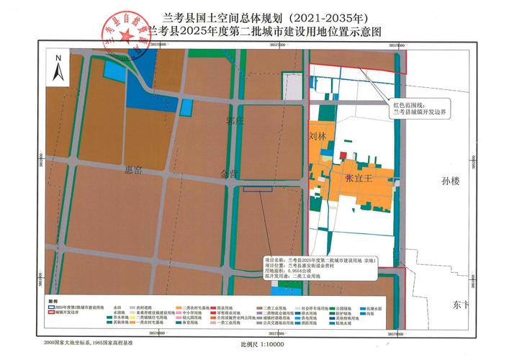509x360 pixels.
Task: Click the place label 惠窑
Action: click(134, 169)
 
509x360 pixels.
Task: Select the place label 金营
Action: click(230, 174)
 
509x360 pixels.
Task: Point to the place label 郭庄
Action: click(232, 120)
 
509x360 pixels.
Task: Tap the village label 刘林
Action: click(317, 135)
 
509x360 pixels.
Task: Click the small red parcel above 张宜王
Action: click(343, 155)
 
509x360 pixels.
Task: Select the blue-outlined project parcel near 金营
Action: click(257, 189)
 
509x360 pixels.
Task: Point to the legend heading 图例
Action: click(54, 300)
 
